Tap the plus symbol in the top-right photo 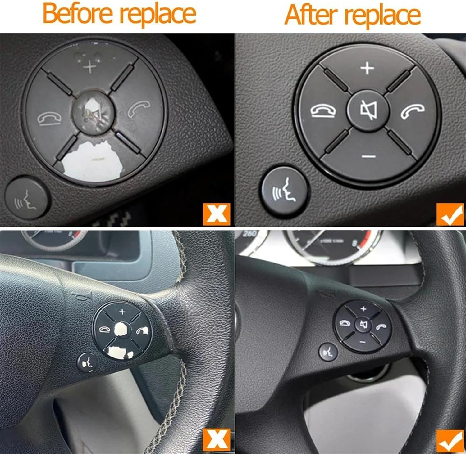367,68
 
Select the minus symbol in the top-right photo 369,156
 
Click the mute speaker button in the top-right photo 368,110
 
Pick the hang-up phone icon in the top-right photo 323,111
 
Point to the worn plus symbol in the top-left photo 90,67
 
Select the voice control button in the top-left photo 27,198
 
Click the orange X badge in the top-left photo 217,214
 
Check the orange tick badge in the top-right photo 450,214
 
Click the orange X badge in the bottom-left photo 217,439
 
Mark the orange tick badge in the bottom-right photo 450,441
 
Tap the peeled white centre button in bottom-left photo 122,329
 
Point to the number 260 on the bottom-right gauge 249,234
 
